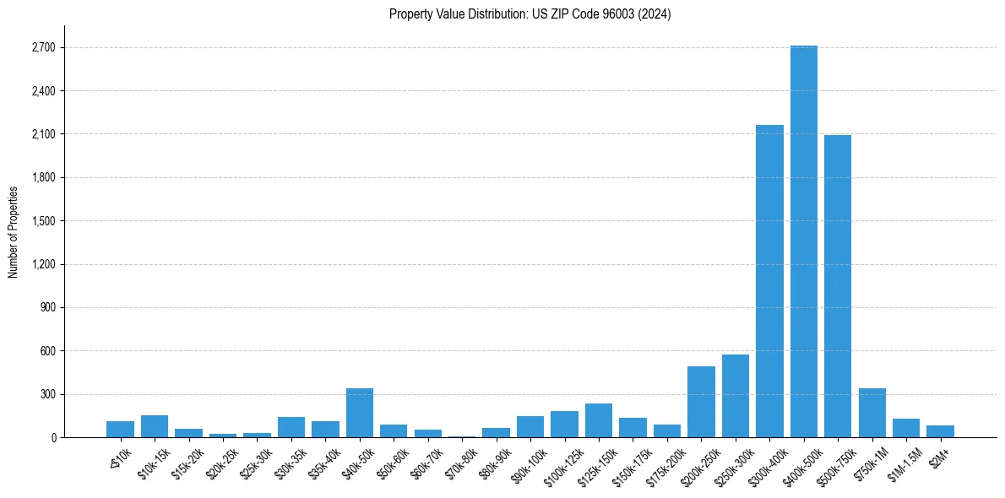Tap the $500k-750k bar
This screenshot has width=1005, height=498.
coord(838,286)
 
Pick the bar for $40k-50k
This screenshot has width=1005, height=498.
coord(360,413)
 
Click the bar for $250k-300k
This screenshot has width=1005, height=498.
coord(736,396)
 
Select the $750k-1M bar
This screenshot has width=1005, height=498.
coord(872,413)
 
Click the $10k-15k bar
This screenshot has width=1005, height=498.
coord(155,426)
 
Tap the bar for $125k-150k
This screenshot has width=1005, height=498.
coord(599,420)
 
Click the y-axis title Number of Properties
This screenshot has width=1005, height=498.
coord(13,231)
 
